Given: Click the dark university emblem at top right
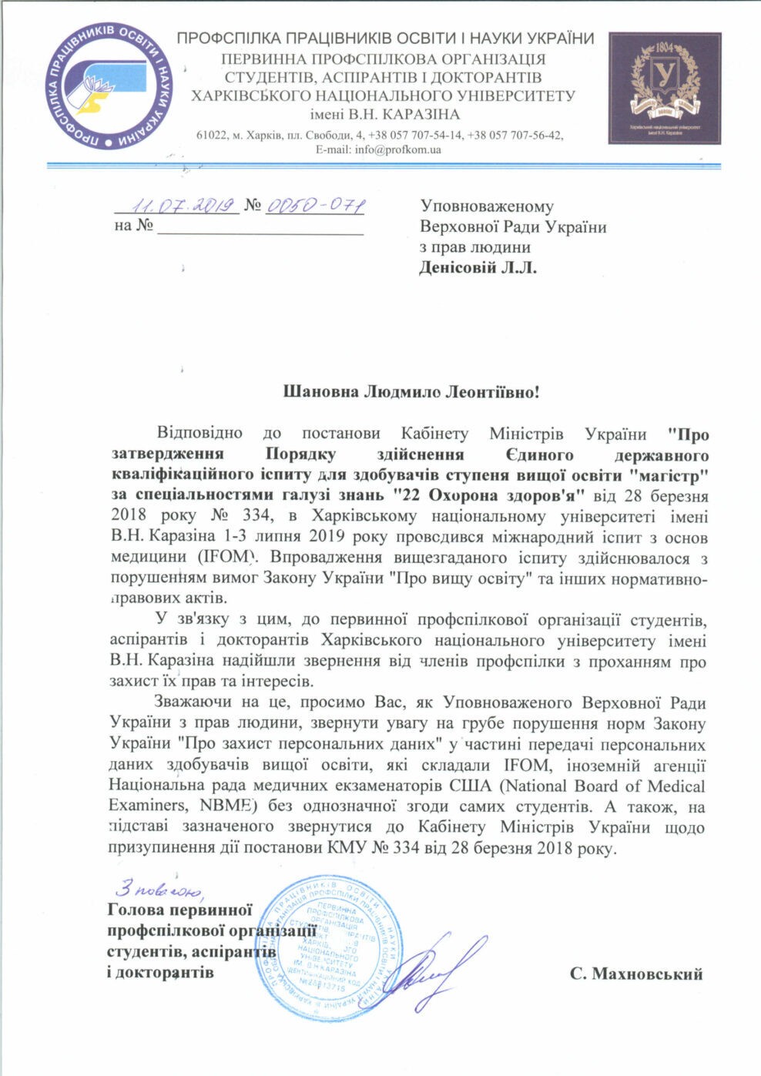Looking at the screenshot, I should [x=665, y=88].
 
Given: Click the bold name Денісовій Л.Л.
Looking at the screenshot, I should [x=478, y=268].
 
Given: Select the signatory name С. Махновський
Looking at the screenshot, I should [x=636, y=974].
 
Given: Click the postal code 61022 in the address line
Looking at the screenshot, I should [x=211, y=136].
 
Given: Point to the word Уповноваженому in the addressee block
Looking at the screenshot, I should [x=487, y=206].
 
